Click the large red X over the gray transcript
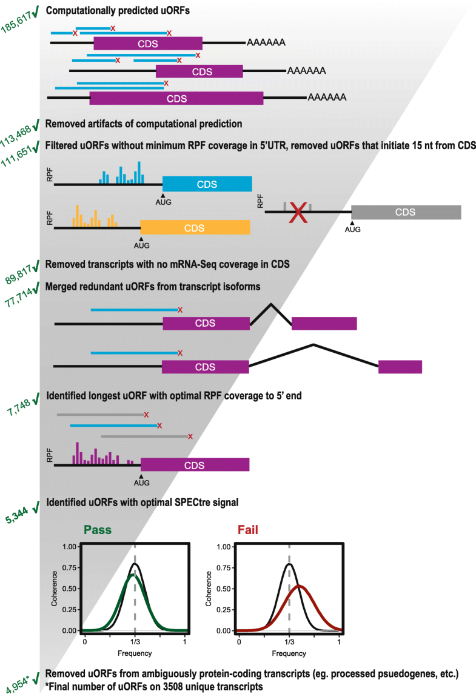(297, 212)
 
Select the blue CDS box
(207, 184)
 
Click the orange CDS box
(195, 228)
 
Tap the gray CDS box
(406, 212)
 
